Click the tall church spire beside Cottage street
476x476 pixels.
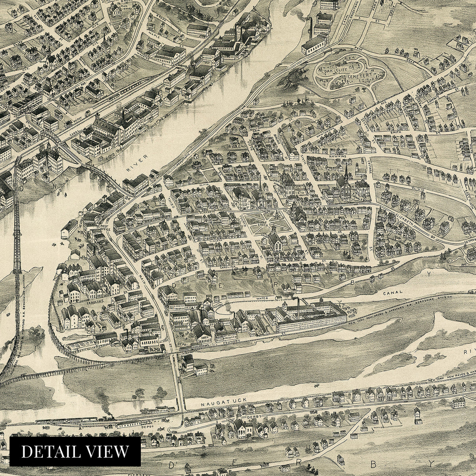tap(346, 175)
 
